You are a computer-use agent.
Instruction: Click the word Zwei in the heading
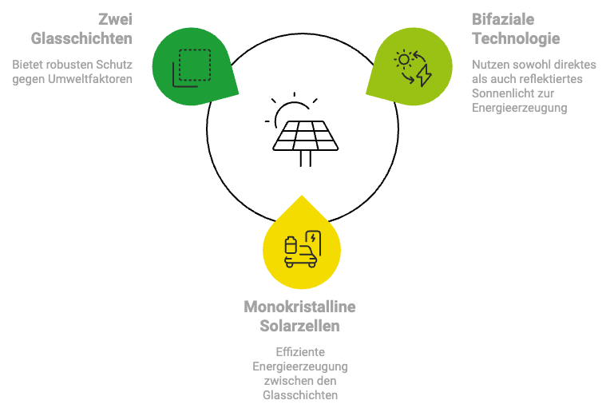tap(115, 18)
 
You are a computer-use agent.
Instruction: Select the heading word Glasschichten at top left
tap(81, 38)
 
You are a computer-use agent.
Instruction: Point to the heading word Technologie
tap(516, 38)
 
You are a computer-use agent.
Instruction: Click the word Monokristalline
tap(299, 307)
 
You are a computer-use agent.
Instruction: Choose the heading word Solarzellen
tap(299, 326)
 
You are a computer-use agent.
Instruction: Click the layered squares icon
tap(192, 67)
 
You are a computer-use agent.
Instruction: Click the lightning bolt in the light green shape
tap(424, 75)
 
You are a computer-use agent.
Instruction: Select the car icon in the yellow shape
tap(301, 254)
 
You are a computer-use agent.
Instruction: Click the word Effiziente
tap(299, 352)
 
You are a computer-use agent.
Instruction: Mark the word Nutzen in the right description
tap(489, 64)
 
